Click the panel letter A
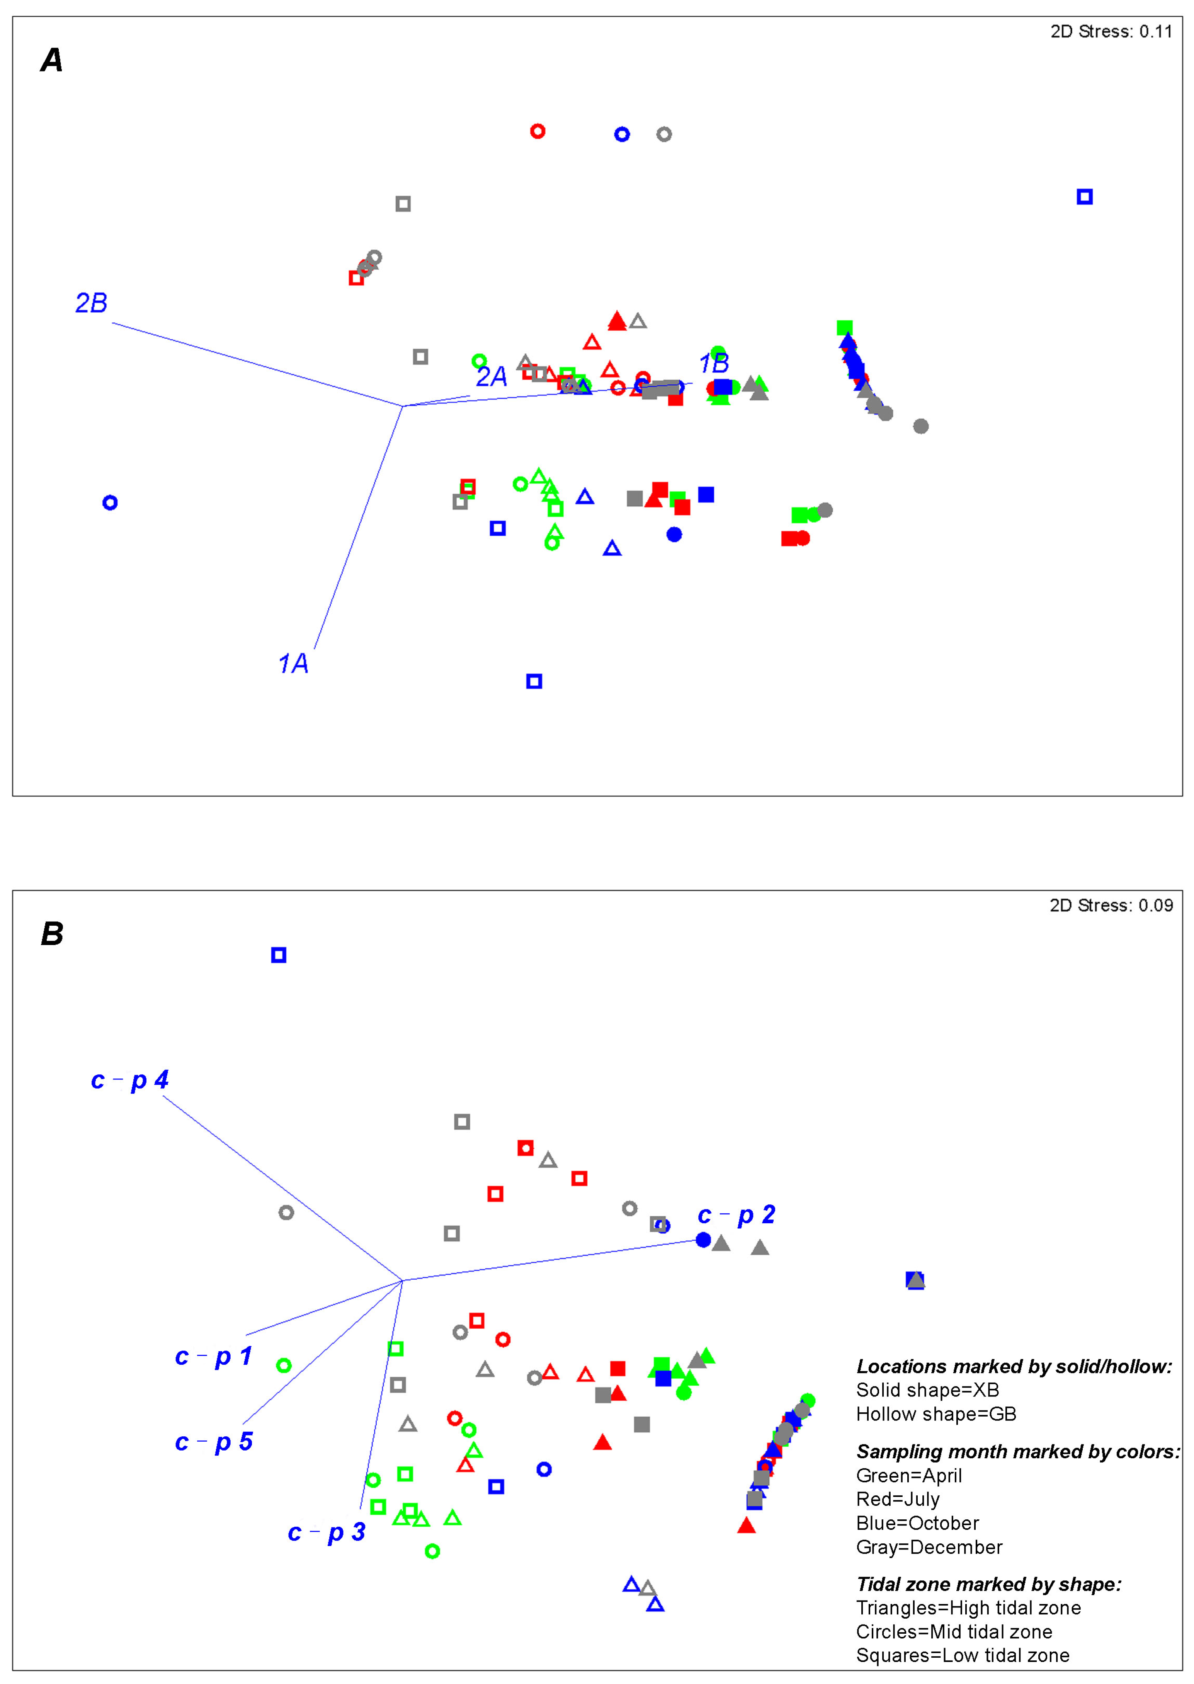point(51,60)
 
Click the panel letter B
point(51,934)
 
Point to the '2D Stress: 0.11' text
point(1111,32)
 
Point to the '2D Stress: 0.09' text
point(1111,905)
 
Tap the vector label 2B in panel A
point(91,303)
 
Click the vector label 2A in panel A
point(491,376)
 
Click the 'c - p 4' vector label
point(129,1080)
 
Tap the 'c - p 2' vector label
point(736,1215)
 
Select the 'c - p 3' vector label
point(327,1532)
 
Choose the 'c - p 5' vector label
point(213,1442)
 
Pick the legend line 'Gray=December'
point(929,1547)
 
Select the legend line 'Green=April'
point(909,1476)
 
